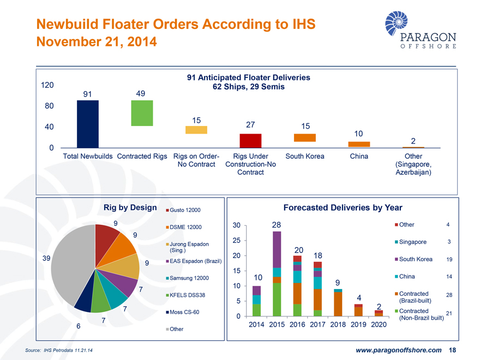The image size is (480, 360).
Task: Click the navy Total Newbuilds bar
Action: pos(88,124)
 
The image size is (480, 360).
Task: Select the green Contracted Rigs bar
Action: pos(142,113)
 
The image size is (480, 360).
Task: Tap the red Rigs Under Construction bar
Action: pos(250,141)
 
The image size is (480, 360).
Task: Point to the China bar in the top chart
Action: pos(359,144)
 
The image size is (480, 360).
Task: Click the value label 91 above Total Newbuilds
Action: pos(87,94)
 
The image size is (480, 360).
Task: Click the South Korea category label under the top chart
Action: pos(304,157)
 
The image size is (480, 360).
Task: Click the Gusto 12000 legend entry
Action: pos(185,210)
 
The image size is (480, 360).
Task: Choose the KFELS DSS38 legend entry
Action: pos(187,295)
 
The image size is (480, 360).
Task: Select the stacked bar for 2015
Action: pos(277,273)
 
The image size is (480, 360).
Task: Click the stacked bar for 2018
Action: pos(338,302)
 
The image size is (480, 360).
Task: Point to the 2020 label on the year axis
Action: pos(378,325)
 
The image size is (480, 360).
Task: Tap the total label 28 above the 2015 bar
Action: pos(277,225)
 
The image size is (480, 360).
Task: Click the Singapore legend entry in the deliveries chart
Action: pos(413,242)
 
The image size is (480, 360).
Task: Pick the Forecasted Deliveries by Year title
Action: pos(343,208)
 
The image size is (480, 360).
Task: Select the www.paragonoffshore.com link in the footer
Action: pos(399,350)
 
